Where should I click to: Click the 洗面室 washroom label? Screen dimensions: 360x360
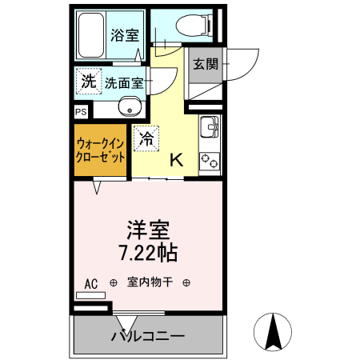pos(123,82)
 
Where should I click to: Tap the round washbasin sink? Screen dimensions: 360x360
pos(130,107)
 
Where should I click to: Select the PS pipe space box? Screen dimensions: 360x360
pos(81,113)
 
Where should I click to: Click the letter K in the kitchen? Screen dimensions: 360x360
pos(177,160)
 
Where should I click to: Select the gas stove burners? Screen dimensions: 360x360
pos(210,161)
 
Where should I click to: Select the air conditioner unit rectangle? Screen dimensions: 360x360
pos(91,295)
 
